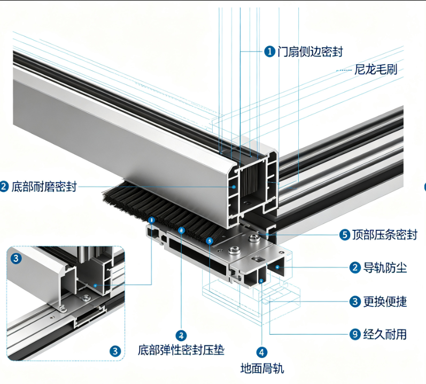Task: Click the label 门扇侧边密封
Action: (310, 51)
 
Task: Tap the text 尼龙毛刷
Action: (376, 70)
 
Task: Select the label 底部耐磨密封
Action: (44, 187)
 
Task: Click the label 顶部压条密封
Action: (385, 235)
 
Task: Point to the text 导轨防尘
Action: (385, 268)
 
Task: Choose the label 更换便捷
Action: (385, 302)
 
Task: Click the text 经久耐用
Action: (385, 334)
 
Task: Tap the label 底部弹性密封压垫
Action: (181, 350)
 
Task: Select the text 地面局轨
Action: (262, 368)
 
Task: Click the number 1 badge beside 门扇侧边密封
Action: (269, 51)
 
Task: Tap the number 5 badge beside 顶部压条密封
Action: (345, 235)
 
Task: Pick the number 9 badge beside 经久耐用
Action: (355, 334)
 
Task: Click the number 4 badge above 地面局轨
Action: (261, 352)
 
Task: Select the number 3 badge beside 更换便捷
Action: (355, 302)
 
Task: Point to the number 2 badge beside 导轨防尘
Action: (355, 268)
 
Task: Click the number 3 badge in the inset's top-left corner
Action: (16, 258)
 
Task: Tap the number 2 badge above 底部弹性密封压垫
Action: (181, 335)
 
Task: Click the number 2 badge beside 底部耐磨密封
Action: (4, 187)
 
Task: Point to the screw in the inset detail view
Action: (86, 297)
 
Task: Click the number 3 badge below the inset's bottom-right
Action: (115, 351)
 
